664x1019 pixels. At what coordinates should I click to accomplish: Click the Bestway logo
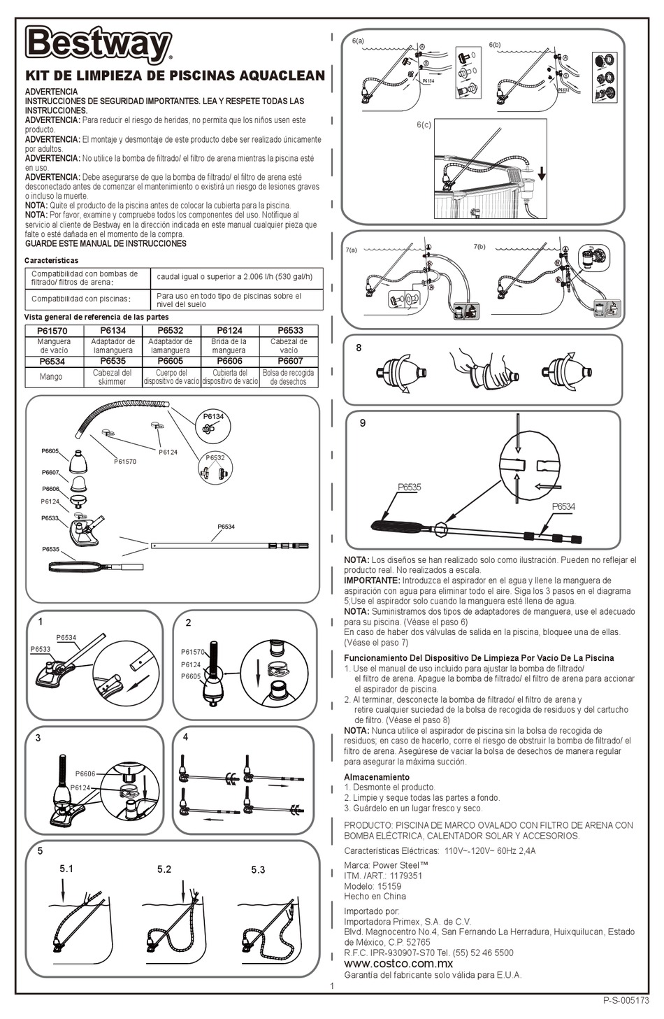(x=99, y=45)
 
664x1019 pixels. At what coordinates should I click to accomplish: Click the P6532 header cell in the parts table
(x=171, y=331)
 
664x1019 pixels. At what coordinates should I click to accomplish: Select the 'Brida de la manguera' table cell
(x=229, y=346)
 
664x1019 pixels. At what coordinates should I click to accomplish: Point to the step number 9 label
(x=362, y=422)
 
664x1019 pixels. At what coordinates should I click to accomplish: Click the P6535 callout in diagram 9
(x=410, y=487)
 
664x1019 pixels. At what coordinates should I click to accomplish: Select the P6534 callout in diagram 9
(x=563, y=506)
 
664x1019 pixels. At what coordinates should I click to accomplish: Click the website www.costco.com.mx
(x=398, y=963)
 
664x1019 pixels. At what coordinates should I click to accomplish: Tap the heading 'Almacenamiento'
(x=377, y=777)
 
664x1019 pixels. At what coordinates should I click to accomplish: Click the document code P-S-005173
(x=626, y=1001)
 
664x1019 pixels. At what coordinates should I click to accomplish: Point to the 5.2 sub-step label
(x=164, y=869)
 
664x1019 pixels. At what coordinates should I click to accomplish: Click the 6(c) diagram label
(x=424, y=124)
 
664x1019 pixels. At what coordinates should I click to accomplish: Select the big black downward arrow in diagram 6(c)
(x=542, y=173)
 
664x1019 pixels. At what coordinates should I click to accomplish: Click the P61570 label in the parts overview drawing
(x=125, y=462)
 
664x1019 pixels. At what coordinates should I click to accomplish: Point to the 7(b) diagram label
(x=480, y=247)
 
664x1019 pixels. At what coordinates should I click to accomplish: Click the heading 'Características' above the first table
(x=51, y=260)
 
